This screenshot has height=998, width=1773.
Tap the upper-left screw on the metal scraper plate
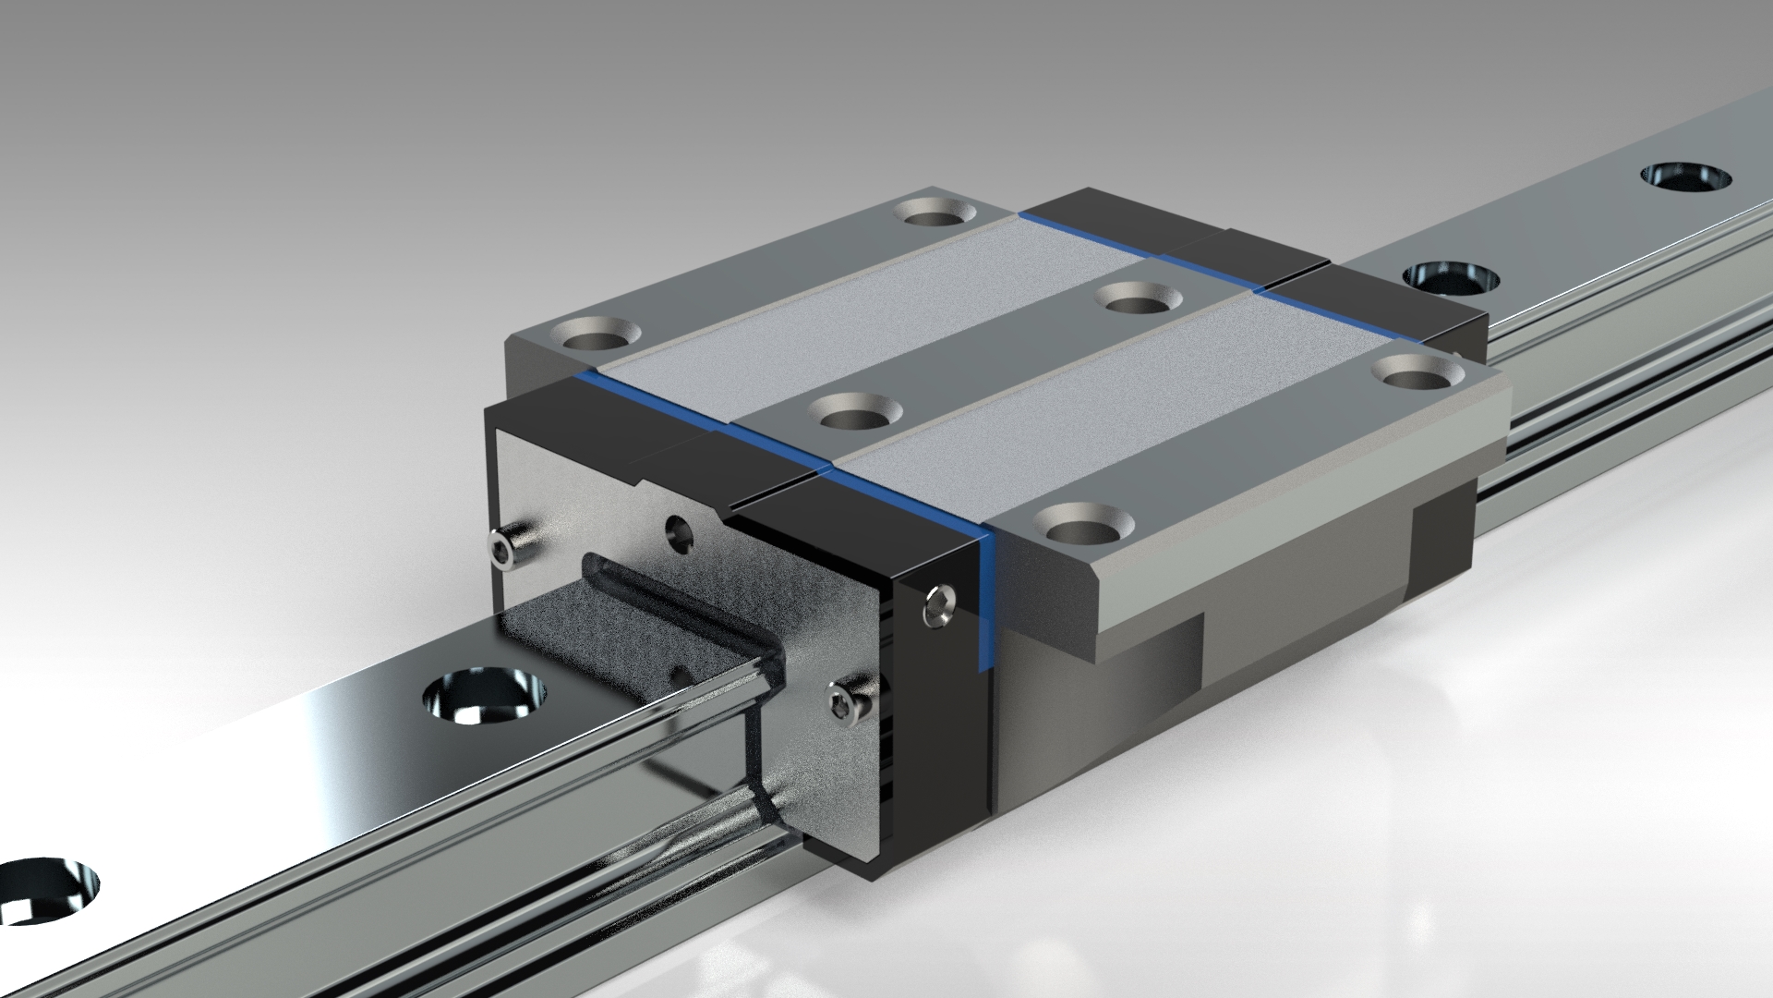(x=504, y=551)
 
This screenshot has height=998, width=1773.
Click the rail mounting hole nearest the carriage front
(x=483, y=695)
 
